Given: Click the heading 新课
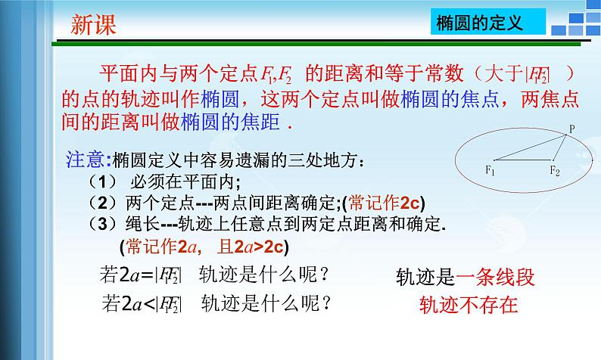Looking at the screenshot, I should [x=94, y=25].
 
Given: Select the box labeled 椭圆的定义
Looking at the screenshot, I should [x=480, y=23].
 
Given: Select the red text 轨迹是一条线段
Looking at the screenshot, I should [x=465, y=278].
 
